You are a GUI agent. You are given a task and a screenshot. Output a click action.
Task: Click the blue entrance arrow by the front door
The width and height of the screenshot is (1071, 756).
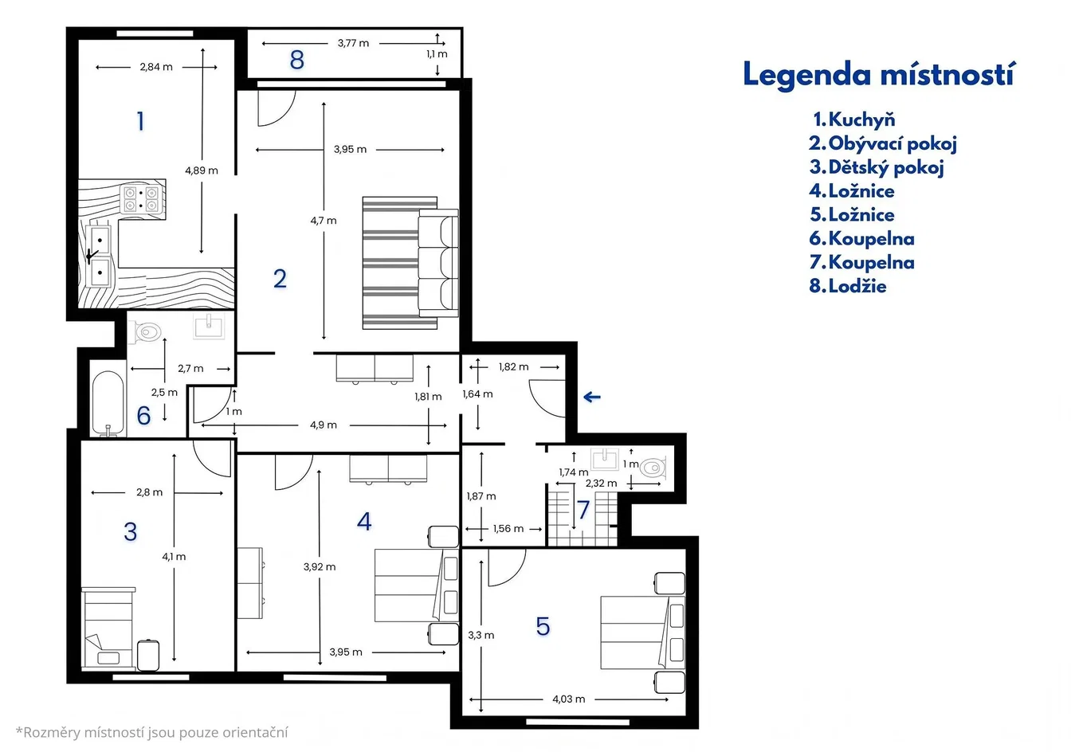[x=592, y=397]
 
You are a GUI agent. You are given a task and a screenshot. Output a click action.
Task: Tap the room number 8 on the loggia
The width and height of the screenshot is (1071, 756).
[x=297, y=61]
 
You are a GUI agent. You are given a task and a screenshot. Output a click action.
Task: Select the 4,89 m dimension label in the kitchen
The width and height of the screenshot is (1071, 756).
[x=202, y=170]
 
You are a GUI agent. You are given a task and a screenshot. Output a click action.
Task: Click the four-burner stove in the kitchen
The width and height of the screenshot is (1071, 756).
[x=140, y=199]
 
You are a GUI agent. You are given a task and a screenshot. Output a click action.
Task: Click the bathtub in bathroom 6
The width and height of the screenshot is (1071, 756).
[x=108, y=404]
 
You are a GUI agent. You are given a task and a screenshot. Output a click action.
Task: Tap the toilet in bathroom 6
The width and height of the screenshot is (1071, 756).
[x=147, y=331]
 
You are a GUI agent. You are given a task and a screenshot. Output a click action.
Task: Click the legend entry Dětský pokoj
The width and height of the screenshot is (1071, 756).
[x=877, y=167]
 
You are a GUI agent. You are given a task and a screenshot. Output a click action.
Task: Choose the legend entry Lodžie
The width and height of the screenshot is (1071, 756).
[x=848, y=286]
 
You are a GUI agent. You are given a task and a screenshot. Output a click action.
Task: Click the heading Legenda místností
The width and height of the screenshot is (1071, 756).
[x=878, y=75]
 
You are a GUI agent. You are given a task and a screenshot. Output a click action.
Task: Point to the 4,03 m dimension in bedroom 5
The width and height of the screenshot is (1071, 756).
[x=568, y=699]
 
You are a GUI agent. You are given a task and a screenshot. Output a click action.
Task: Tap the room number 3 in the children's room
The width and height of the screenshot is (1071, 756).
[x=130, y=532]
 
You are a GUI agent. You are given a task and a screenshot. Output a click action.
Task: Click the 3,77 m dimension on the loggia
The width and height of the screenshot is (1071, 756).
[x=353, y=43]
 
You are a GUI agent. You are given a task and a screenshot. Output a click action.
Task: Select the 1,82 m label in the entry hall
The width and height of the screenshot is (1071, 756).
[x=513, y=367]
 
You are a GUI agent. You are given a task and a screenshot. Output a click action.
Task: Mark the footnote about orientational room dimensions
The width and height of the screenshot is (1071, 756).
[x=152, y=732]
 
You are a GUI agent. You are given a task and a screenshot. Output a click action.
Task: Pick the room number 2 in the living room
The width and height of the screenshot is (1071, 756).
[x=280, y=279]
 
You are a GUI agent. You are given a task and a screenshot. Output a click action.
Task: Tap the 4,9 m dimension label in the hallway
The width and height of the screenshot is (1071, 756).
[x=324, y=425]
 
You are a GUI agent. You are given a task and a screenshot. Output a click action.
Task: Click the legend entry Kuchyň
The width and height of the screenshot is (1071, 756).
[x=854, y=119]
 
